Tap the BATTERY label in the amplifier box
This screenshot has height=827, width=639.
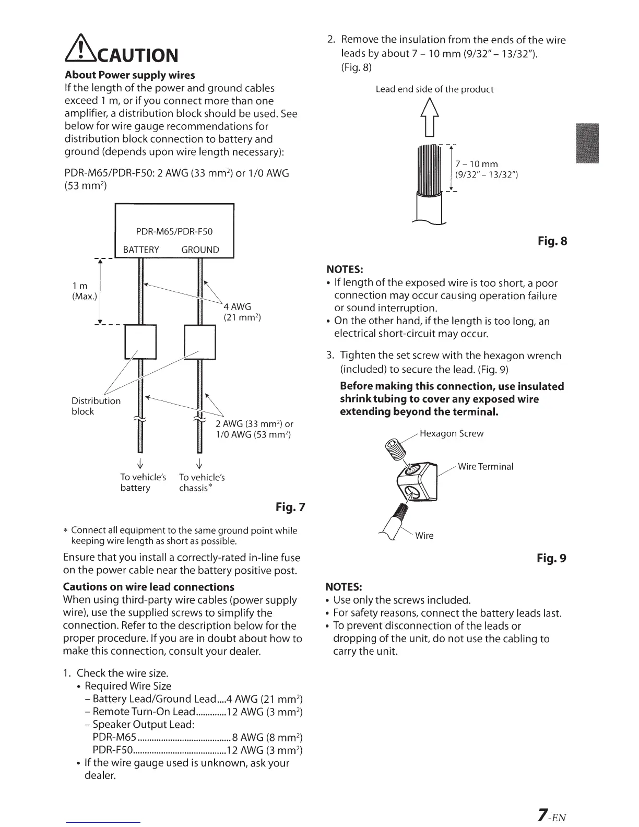141,250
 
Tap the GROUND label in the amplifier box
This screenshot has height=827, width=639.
200,250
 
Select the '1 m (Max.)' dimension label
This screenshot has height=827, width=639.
84,291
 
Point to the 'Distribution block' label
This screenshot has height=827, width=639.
96,406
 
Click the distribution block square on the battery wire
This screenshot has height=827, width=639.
141,341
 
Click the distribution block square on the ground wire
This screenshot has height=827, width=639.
200,341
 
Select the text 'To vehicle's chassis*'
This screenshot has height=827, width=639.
202,482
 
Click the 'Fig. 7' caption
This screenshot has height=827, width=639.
290,506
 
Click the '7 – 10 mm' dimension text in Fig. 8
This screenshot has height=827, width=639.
477,164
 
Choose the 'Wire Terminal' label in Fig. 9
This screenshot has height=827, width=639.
485,466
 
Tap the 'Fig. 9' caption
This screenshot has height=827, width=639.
551,558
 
